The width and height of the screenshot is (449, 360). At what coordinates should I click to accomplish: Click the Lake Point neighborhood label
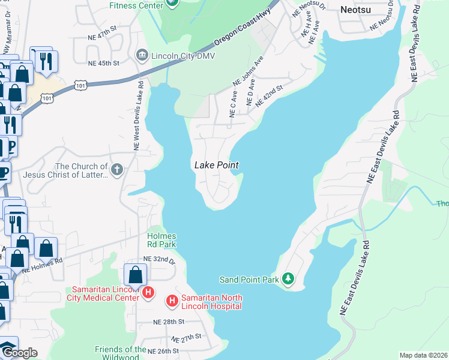click(216, 165)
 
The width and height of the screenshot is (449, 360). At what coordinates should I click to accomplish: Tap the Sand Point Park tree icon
click(289, 279)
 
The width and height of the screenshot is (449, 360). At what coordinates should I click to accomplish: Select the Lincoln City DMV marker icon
click(142, 56)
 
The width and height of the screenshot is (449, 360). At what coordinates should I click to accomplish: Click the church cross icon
click(116, 170)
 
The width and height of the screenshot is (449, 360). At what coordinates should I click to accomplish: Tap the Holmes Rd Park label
click(161, 240)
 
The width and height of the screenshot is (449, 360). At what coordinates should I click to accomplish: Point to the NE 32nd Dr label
click(159, 259)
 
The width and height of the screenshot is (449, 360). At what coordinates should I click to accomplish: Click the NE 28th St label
click(169, 322)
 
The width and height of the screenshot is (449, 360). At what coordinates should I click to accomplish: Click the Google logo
click(19, 353)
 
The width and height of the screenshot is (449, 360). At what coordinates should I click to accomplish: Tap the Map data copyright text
click(423, 355)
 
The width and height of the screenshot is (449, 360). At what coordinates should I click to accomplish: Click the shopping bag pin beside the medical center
click(136, 275)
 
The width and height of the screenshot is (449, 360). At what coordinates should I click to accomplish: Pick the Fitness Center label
click(136, 5)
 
